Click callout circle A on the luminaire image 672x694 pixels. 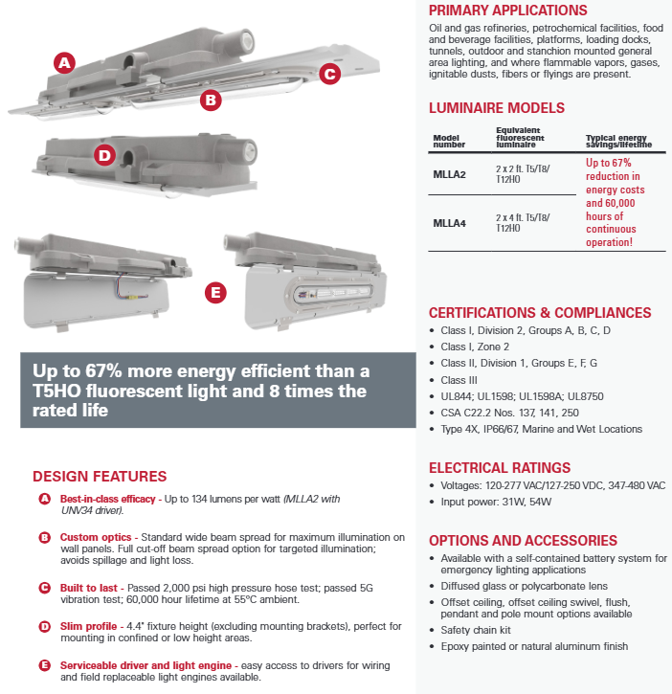[x=65, y=63]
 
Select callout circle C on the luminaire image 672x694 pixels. [x=329, y=73]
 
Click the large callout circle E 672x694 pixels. [x=216, y=291]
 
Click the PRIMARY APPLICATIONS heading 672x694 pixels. [x=507, y=11]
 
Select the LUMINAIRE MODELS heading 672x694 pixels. [x=497, y=108]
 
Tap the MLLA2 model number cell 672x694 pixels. [x=450, y=173]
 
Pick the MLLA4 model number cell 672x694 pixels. [x=450, y=224]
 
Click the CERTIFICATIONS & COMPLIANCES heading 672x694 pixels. [x=540, y=313]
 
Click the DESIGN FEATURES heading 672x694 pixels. [x=100, y=476]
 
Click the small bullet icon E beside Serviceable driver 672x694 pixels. [x=44, y=665]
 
